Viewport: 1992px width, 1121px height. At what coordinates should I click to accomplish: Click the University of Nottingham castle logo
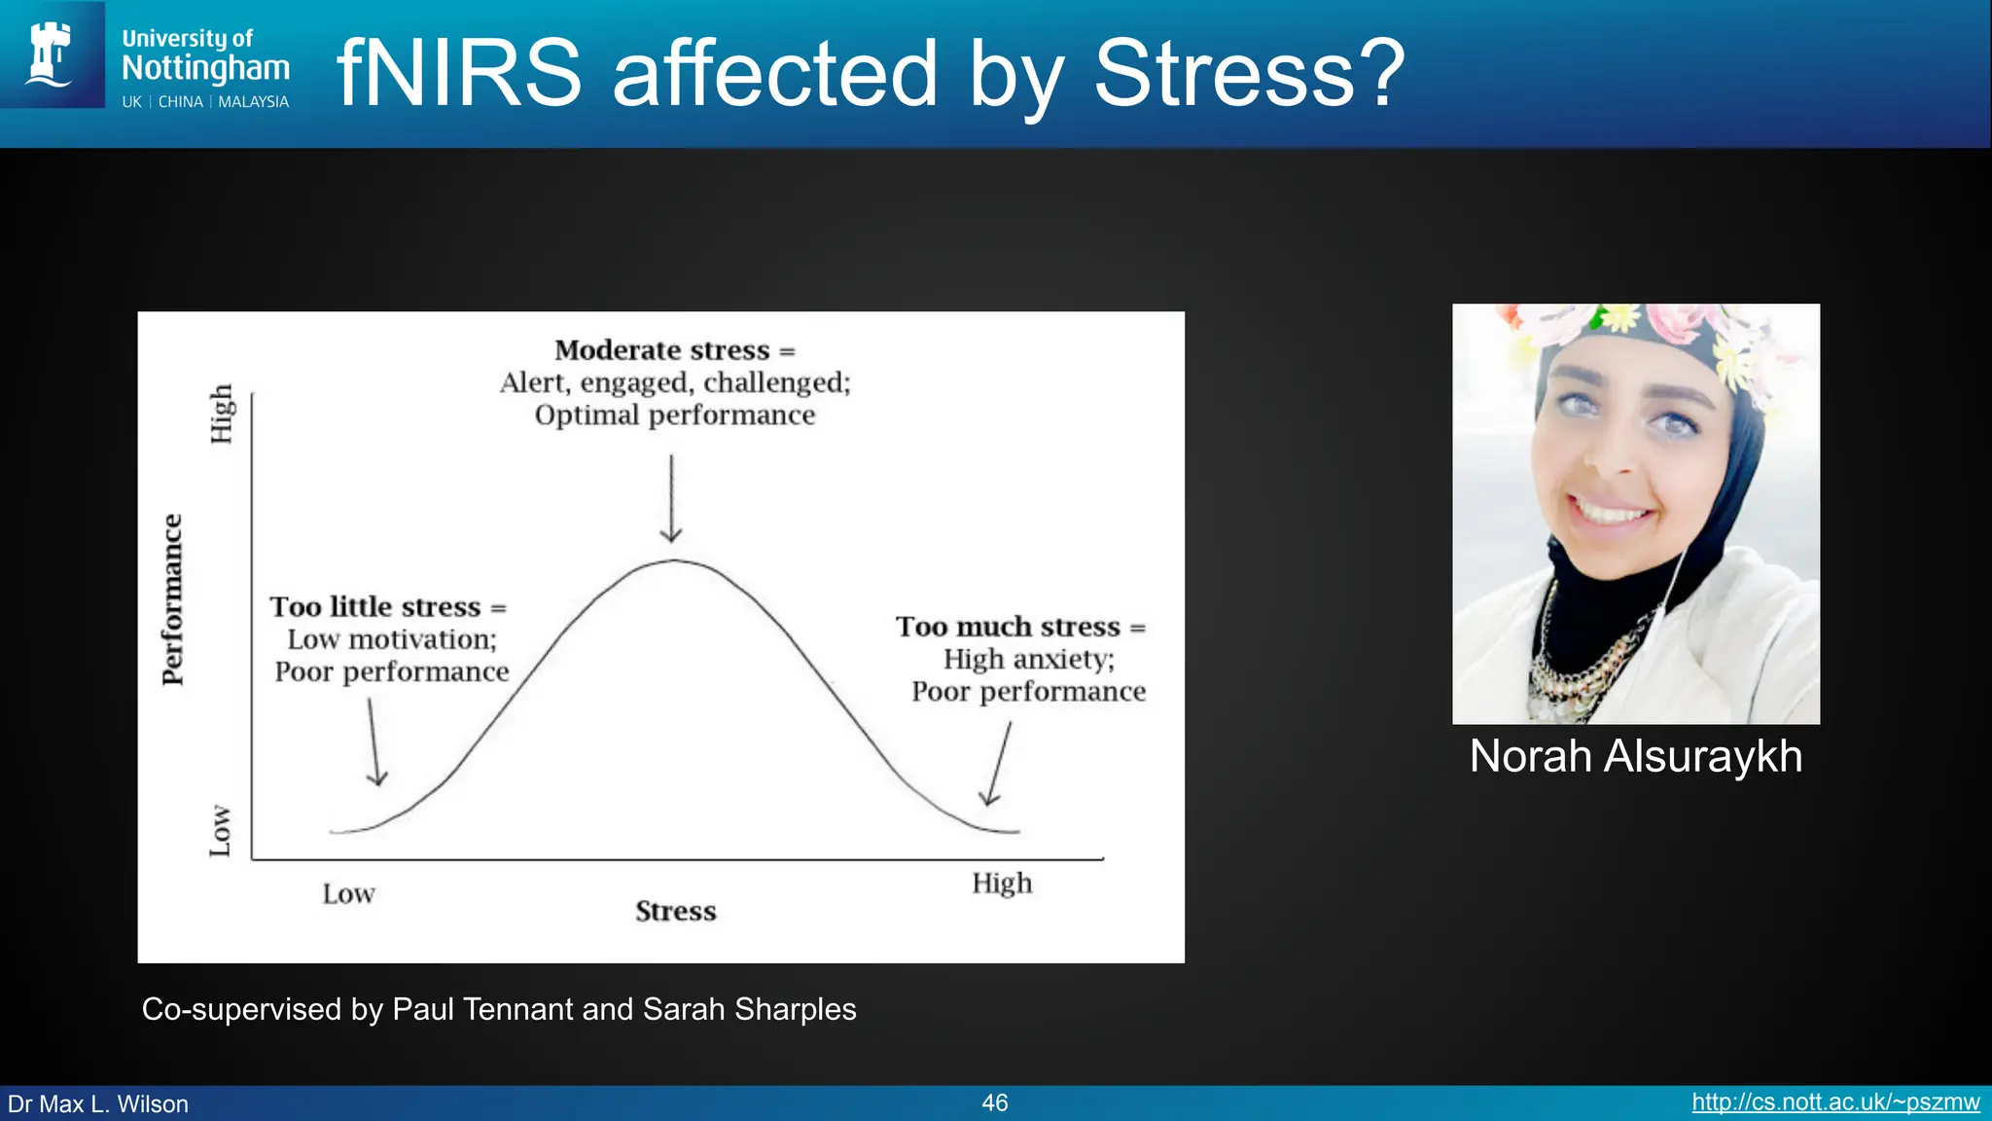pyautogui.click(x=52, y=54)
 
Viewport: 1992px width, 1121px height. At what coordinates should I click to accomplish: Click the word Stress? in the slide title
pyautogui.click(x=1249, y=74)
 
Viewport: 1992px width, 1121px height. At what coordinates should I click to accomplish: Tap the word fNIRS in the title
pyautogui.click(x=458, y=74)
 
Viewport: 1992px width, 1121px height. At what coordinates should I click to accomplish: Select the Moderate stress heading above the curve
pyautogui.click(x=674, y=350)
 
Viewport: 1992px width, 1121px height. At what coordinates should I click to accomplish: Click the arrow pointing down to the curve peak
pyautogui.click(x=671, y=498)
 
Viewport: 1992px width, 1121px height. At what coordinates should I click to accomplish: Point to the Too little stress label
pyautogui.click(x=387, y=607)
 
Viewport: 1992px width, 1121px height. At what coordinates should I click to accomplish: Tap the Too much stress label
pyautogui.click(x=1019, y=627)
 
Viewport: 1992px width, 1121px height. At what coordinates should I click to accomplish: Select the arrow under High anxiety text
pyautogui.click(x=999, y=764)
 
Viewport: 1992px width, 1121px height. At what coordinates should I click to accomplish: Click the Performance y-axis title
pyautogui.click(x=172, y=599)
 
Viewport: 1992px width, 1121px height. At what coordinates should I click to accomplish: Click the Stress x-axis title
pyautogui.click(x=675, y=912)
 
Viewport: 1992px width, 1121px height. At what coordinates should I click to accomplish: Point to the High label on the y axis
pyautogui.click(x=222, y=414)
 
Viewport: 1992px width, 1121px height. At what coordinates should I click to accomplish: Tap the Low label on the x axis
pyautogui.click(x=348, y=894)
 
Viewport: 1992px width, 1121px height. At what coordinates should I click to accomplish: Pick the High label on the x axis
pyautogui.click(x=1001, y=884)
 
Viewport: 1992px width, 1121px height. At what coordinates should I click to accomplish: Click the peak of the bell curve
pyautogui.click(x=674, y=561)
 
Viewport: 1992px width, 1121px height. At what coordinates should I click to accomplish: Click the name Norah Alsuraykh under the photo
pyautogui.click(x=1635, y=757)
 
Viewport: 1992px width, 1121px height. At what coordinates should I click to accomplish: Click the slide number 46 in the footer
pyautogui.click(x=994, y=1103)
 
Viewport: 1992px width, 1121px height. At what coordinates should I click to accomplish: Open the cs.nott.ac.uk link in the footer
pyautogui.click(x=1834, y=1103)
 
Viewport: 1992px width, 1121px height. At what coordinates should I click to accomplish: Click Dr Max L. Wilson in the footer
pyautogui.click(x=98, y=1104)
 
